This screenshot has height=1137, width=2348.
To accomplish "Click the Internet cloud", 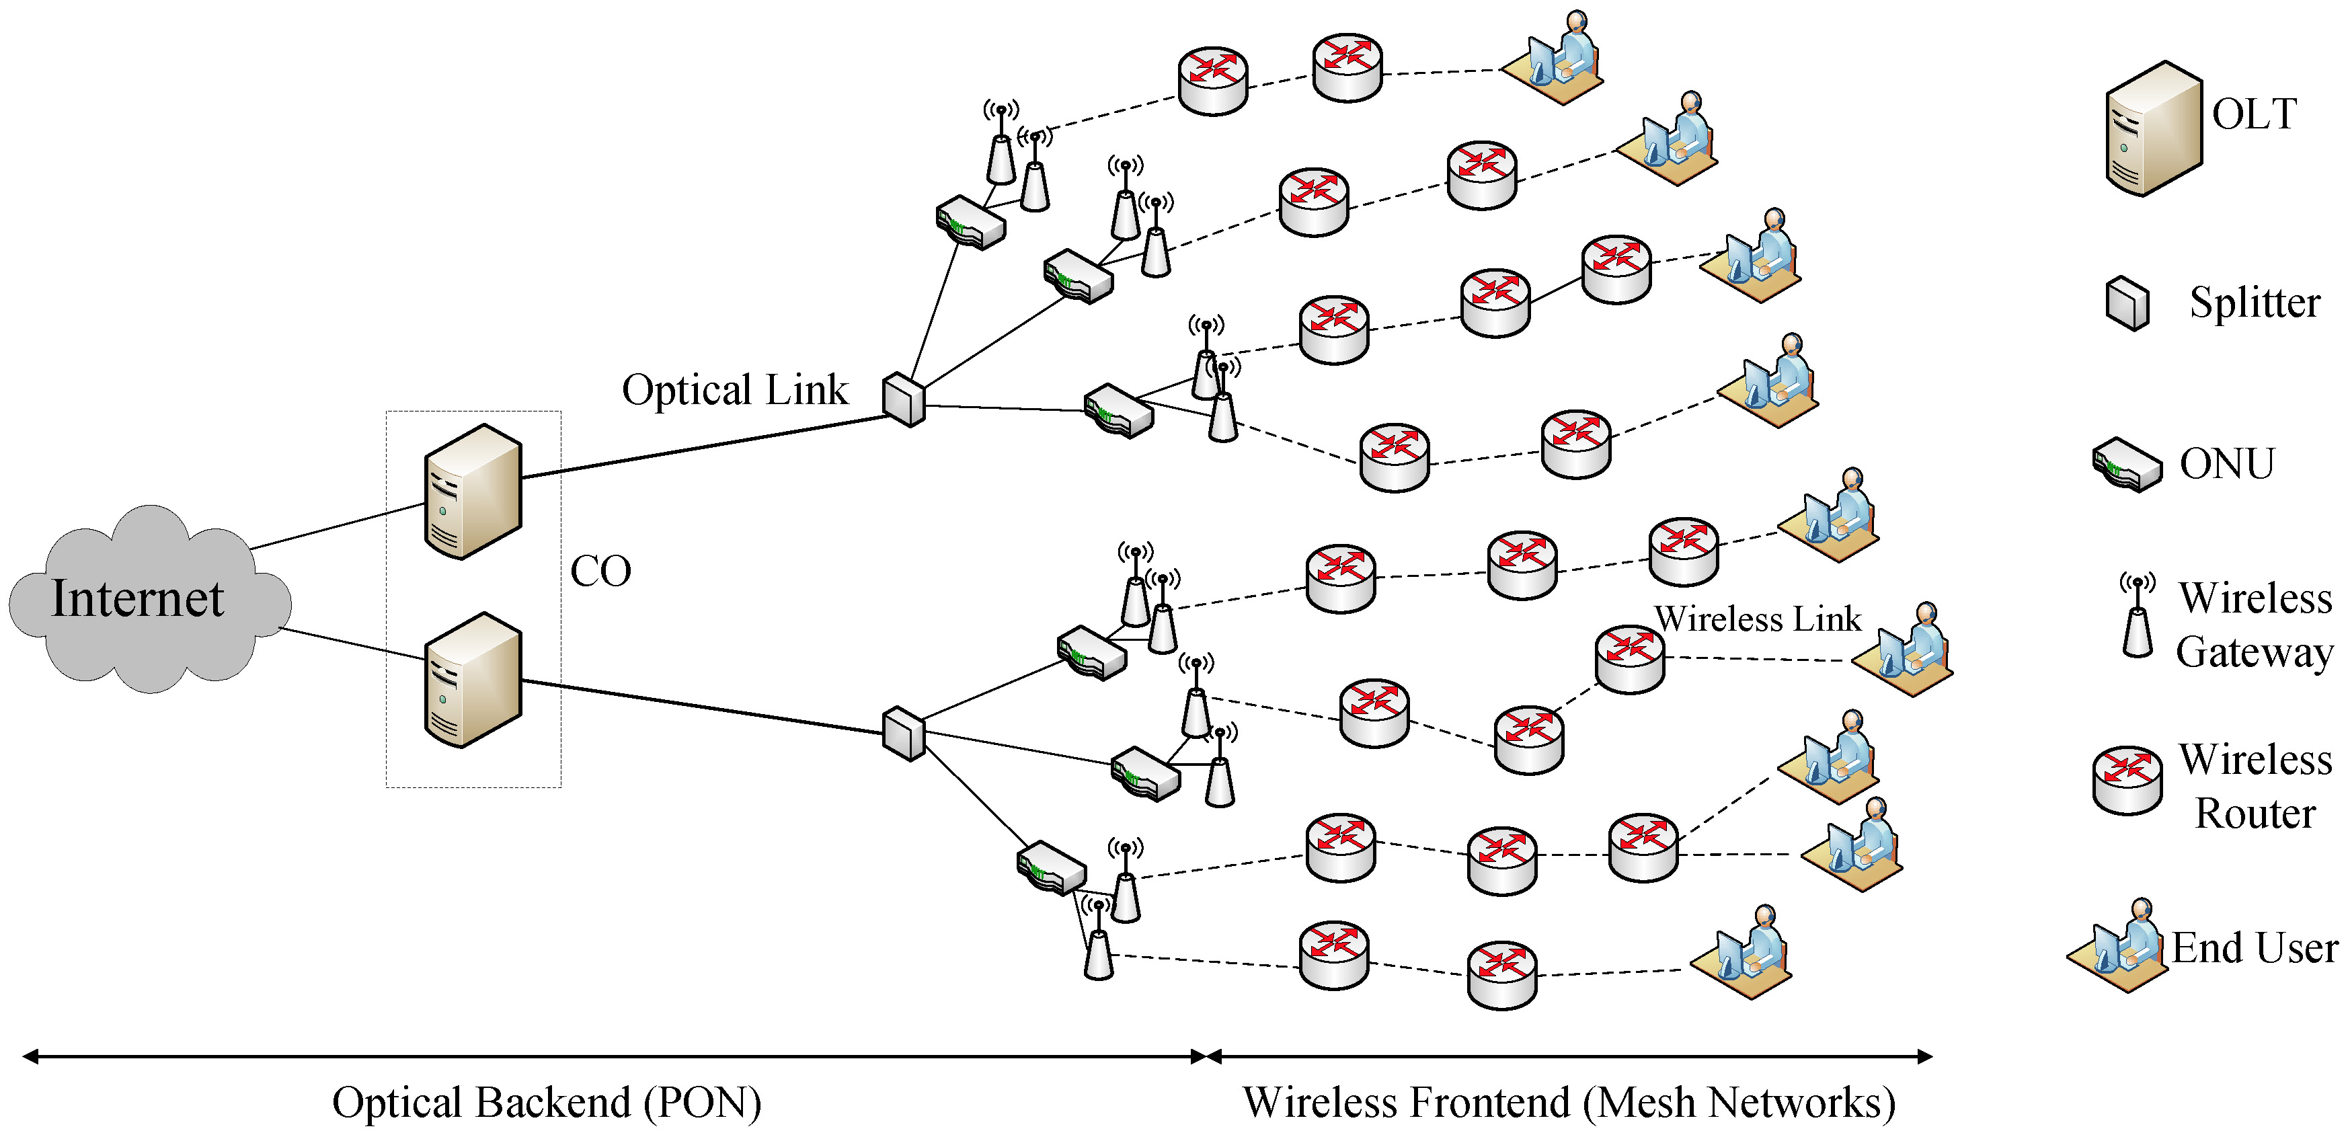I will click(x=146, y=599).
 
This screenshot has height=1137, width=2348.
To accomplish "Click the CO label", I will click(x=600, y=572).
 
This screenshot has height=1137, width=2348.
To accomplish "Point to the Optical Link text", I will click(x=735, y=390).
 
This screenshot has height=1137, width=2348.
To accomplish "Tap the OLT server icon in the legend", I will click(x=2154, y=128).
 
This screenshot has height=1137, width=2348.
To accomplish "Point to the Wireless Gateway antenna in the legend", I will click(x=2138, y=617).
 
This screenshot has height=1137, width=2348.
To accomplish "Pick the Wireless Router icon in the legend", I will click(x=2127, y=779).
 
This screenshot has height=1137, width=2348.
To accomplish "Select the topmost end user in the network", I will click(x=1554, y=59).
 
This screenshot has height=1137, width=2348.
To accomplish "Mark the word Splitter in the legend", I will click(x=2255, y=303).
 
